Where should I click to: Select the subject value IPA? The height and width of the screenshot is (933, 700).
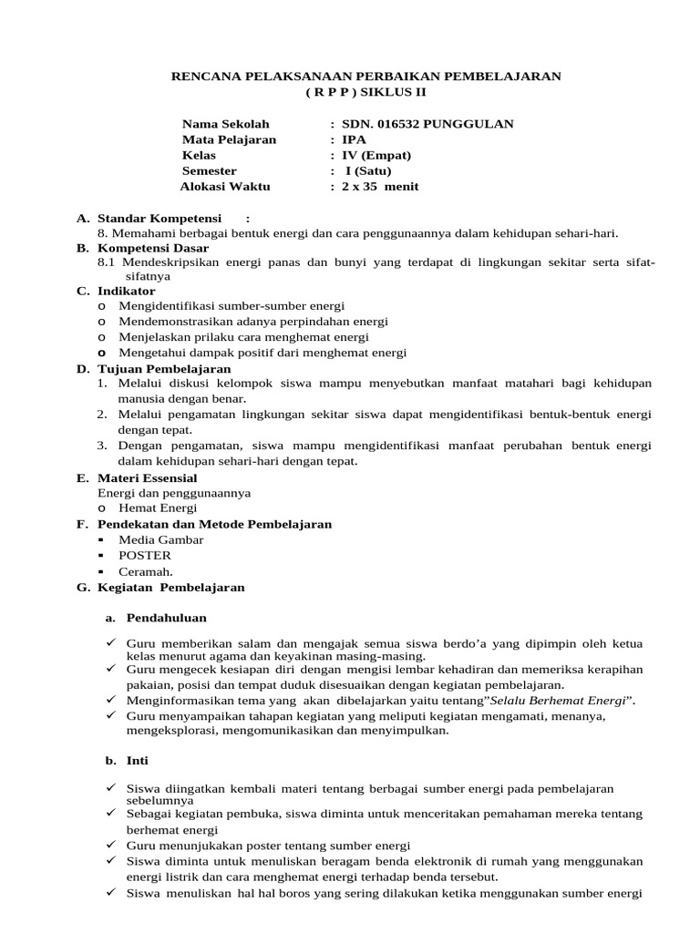coord(354,139)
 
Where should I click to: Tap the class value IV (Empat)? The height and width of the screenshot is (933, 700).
coord(376,155)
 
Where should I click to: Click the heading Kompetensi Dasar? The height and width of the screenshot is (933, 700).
coord(153,248)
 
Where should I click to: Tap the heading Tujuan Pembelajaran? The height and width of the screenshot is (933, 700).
coord(164,369)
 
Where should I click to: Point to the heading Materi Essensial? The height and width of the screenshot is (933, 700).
coord(147,477)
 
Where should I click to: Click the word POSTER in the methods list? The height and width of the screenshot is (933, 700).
coord(145,555)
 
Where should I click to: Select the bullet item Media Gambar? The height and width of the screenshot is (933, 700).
coord(161,539)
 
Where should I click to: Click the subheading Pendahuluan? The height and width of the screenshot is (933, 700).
coord(167,617)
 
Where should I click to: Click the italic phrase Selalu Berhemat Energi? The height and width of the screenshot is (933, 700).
coord(567,700)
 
